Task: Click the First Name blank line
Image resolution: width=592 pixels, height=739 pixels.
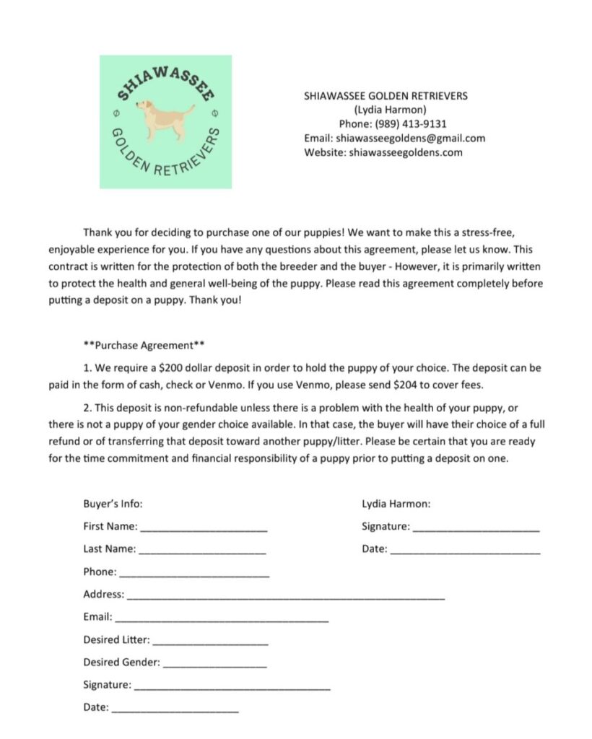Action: coord(203,530)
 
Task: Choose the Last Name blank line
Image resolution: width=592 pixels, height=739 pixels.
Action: coord(202,552)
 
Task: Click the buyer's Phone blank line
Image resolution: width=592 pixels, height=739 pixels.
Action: coord(193,575)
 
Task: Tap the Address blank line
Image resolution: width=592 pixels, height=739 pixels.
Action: coord(285,598)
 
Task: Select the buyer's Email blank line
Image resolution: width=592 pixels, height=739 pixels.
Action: coord(222,621)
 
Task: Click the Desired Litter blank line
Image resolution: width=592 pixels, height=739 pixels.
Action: coord(210,643)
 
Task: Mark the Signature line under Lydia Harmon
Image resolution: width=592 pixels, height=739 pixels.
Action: coord(476,530)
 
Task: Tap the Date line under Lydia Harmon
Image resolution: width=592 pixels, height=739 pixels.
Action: coord(464,552)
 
